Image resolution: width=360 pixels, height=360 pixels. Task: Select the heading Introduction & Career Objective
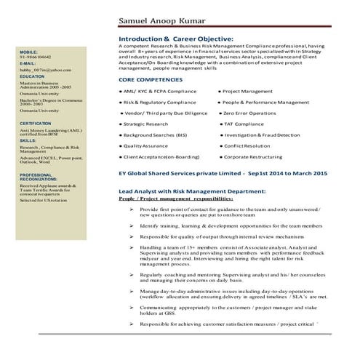click(x=176, y=37)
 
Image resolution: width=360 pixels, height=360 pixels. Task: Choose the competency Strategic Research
click(x=145, y=124)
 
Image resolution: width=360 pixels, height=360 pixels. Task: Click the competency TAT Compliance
click(x=244, y=124)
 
